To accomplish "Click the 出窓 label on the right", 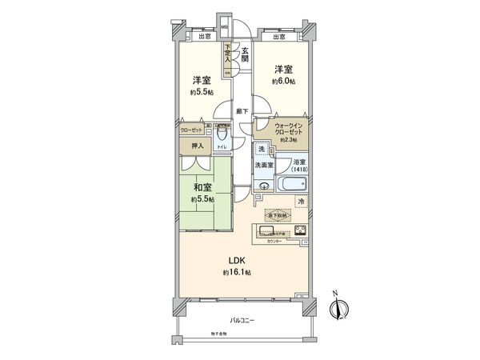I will pos(279,37).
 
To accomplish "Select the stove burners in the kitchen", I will pos(302,231).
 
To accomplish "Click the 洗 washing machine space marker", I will pos(262,150).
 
